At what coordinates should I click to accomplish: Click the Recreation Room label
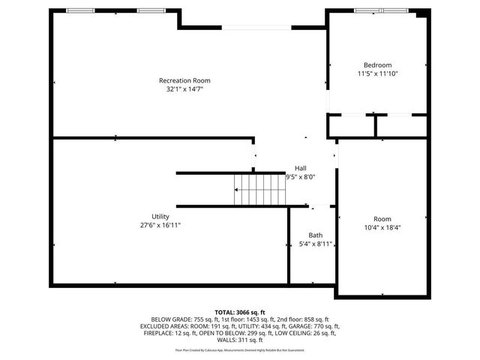pyautogui.click(x=184, y=80)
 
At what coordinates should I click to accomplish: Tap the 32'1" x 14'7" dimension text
pyautogui.click(x=184, y=89)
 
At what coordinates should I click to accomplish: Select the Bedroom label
pyautogui.click(x=377, y=65)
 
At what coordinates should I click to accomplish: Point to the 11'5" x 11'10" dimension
pyautogui.click(x=377, y=74)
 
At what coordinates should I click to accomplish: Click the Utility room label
pyautogui.click(x=160, y=216)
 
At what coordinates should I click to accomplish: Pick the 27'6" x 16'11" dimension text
pyautogui.click(x=160, y=225)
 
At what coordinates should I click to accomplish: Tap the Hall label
pyautogui.click(x=300, y=168)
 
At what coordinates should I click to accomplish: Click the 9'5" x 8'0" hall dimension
pyautogui.click(x=301, y=177)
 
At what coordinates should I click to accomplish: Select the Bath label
pyautogui.click(x=315, y=235)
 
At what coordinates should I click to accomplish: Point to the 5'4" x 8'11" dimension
pyautogui.click(x=315, y=244)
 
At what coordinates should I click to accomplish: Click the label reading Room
pyautogui.click(x=382, y=218)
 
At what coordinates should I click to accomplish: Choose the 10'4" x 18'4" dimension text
pyautogui.click(x=382, y=227)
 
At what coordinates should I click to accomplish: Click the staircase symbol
pyautogui.click(x=259, y=189)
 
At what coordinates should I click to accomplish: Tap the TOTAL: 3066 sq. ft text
pyautogui.click(x=240, y=312)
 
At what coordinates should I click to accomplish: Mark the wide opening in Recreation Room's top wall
pyautogui.click(x=256, y=28)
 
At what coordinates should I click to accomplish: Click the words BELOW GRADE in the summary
pyautogui.click(x=169, y=319)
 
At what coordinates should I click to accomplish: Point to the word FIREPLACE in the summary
pyautogui.click(x=157, y=333)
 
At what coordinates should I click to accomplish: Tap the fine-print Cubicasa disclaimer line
pyautogui.click(x=240, y=349)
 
